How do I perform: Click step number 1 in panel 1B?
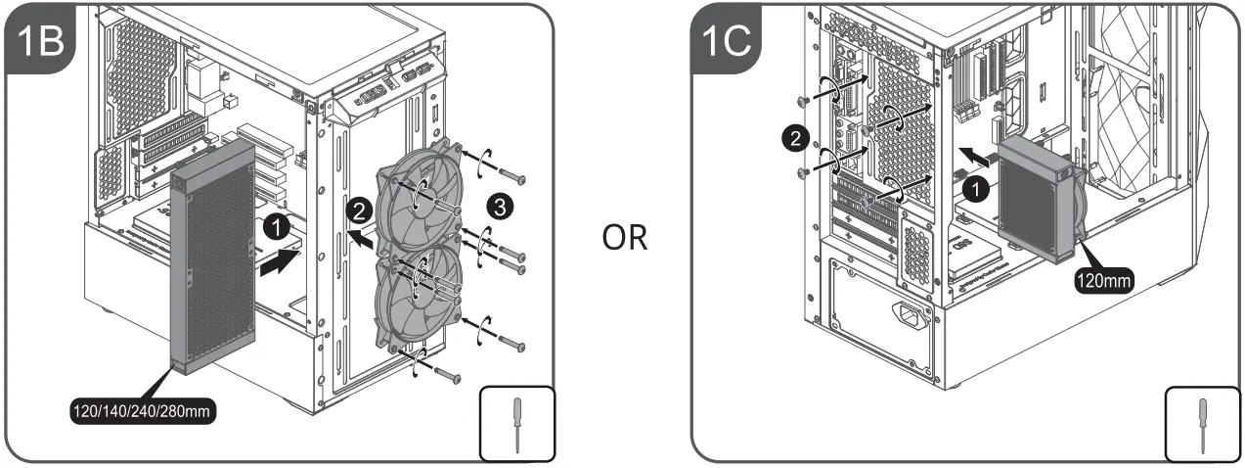click(277, 227)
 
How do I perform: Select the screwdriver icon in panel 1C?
click(1202, 423)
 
